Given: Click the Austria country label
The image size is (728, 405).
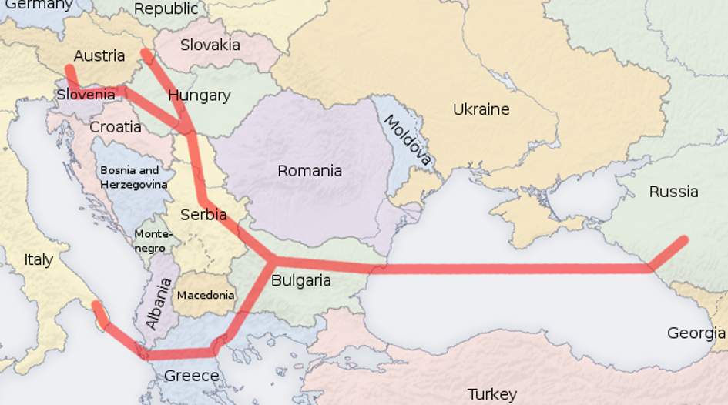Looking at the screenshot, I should pos(99,55).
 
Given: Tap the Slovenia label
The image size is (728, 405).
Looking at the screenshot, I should pos(86,95).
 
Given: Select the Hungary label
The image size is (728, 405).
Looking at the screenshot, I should pos(199,95).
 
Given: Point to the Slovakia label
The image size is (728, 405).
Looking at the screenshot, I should pos(210,45).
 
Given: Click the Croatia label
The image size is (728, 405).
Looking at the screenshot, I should pos(116,127).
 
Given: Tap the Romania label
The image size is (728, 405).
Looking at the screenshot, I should pos(310,170).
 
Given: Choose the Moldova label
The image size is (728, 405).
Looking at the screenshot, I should pos(406,141).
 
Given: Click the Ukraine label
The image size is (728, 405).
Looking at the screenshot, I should pos(481,109).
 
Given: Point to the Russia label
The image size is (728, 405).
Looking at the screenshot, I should pos(673,192).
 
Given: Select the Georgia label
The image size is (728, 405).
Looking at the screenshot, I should pos(696,333).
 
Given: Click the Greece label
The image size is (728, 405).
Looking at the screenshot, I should pos(192,376).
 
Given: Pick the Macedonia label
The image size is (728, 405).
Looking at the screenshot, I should pos(206,295).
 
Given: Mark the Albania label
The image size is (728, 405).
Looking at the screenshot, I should pos(159,304).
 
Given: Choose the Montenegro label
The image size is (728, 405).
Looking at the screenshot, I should pos(153,241).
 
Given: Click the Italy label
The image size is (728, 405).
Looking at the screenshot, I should pos(39,259).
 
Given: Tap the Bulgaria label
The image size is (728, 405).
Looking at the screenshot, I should pos(300,280).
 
